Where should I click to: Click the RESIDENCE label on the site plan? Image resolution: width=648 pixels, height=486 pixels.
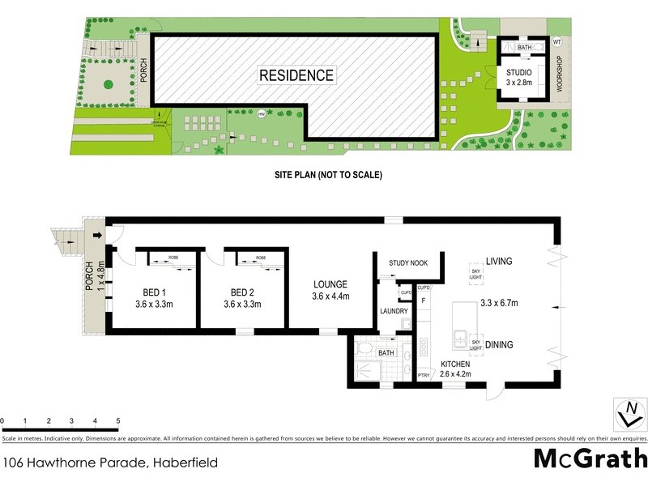[x=296, y=75]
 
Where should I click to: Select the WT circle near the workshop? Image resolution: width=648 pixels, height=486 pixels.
[x=556, y=42]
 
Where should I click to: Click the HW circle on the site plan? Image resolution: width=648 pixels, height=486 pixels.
[x=261, y=114]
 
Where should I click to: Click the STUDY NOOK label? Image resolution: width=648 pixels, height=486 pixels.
[x=408, y=262]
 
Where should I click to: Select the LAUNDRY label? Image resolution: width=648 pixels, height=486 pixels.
[x=394, y=311]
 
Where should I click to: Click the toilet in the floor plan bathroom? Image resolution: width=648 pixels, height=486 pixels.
[x=364, y=351]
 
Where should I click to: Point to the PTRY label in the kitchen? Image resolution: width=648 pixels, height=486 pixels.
[x=423, y=374]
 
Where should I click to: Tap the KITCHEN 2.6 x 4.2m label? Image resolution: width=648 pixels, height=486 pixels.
[x=454, y=369]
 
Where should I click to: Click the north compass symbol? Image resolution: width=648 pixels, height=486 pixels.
[x=626, y=413]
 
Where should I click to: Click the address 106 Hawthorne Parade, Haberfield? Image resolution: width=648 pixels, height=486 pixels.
[x=110, y=463]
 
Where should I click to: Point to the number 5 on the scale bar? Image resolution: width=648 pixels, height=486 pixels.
[x=118, y=421]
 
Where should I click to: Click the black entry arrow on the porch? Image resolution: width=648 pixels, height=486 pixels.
[x=99, y=236]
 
